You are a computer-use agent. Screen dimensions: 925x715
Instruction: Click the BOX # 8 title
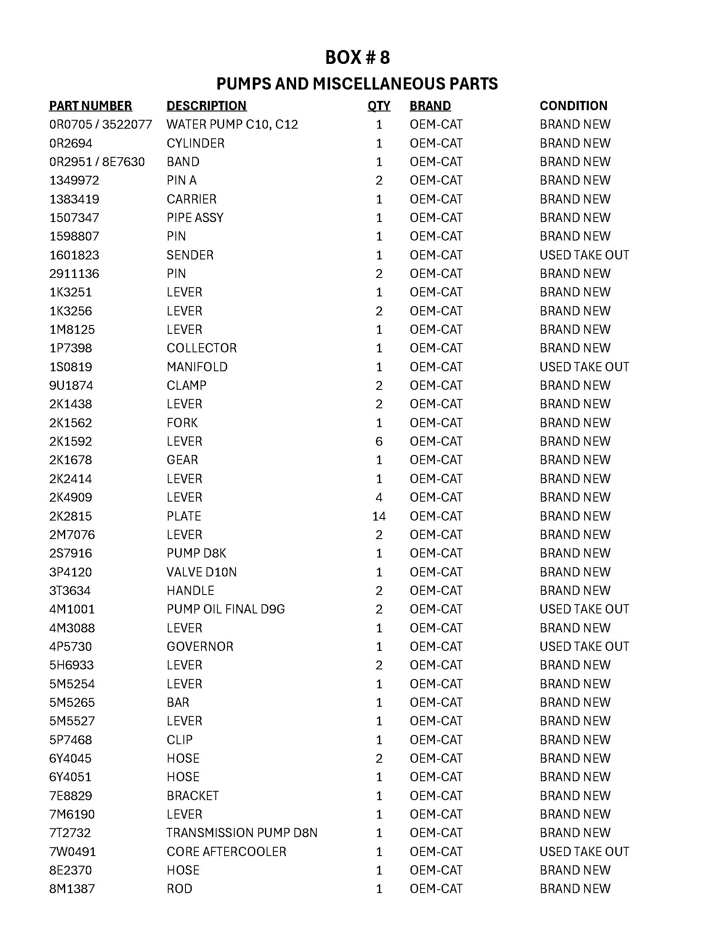357,58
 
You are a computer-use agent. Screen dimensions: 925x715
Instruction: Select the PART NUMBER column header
90,106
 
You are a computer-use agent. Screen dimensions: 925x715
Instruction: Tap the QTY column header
379,106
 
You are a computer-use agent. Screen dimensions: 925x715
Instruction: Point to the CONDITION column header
573,106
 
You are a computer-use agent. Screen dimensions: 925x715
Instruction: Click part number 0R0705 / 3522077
101,124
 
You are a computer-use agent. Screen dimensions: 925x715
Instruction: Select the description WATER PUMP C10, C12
232,124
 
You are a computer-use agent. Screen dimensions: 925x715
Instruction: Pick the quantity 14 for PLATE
379,516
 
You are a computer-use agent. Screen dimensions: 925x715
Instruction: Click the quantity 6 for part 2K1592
379,441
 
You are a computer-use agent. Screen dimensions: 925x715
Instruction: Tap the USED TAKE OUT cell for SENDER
584,255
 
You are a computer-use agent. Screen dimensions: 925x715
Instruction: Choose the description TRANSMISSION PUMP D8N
242,832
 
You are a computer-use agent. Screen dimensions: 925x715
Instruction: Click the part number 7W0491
72,851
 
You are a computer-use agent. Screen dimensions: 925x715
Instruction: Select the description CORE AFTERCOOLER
226,851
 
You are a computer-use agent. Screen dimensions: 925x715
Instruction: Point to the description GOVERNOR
200,646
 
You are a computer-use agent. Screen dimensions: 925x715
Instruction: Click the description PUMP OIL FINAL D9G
225,609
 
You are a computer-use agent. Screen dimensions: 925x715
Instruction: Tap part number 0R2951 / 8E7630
97,162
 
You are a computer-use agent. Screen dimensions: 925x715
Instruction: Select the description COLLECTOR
201,348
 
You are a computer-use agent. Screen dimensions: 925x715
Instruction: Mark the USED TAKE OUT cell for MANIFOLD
584,367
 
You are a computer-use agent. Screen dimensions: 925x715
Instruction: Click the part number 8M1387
72,888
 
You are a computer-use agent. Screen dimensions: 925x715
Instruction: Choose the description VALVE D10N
201,572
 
